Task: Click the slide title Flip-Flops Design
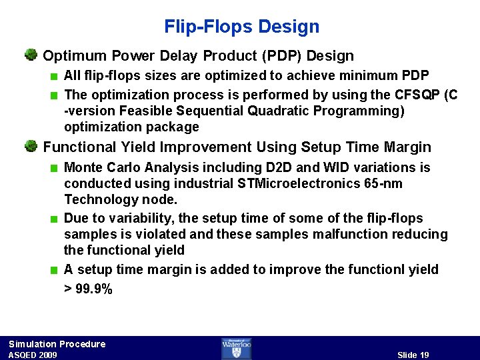click(241, 27)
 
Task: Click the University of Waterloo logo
click(236, 348)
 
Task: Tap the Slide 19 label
click(413, 355)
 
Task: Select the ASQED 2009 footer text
click(33, 355)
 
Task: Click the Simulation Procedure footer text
click(57, 344)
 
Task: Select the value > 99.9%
click(88, 289)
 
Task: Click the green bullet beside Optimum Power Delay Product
click(31, 55)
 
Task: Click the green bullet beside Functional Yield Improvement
click(31, 146)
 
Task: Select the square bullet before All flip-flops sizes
click(54, 76)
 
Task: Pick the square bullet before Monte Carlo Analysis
click(54, 167)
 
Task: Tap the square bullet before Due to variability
click(54, 219)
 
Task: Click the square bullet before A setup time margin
click(54, 270)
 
